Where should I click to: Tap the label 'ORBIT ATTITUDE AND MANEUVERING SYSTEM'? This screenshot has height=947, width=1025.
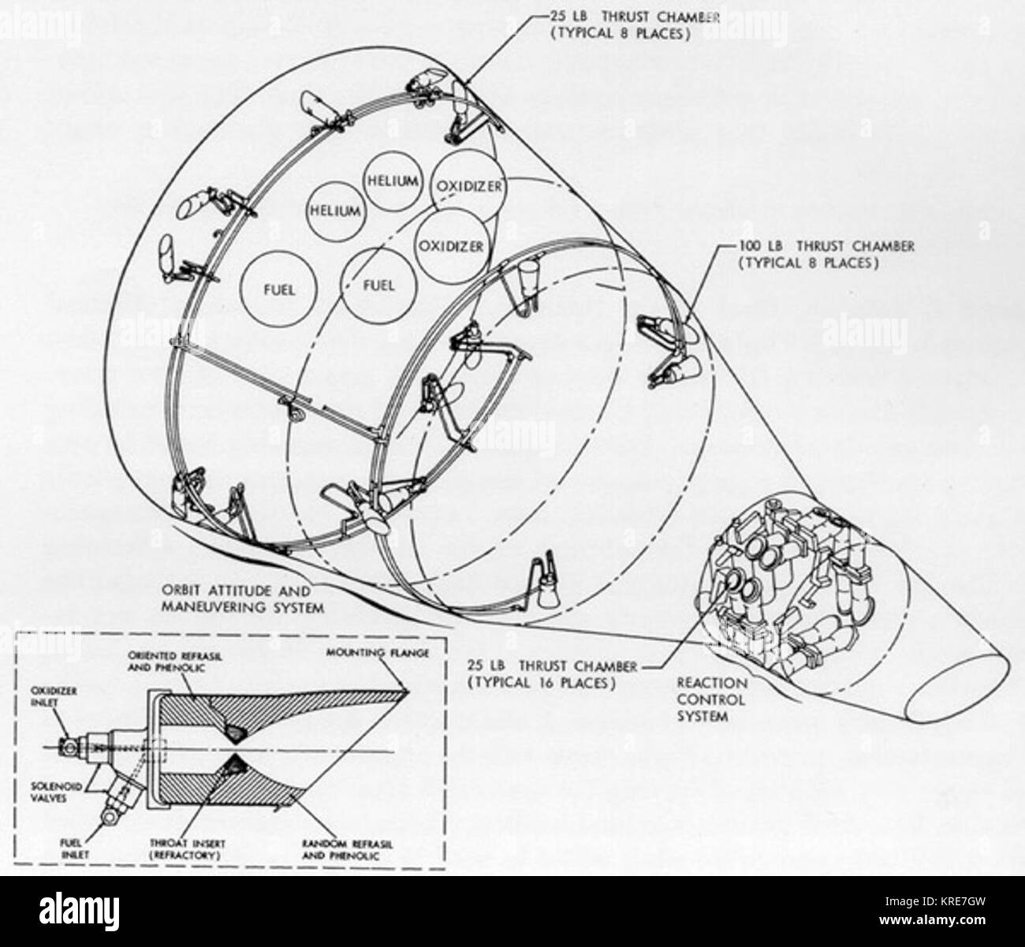[x=243, y=599]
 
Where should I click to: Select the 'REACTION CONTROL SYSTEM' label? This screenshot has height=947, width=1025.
[x=712, y=699]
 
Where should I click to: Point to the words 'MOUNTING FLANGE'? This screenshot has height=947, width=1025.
[x=377, y=653]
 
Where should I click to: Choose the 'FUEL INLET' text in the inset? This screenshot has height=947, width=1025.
[x=76, y=849]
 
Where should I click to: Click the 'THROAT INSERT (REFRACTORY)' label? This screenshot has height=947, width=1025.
[x=188, y=849]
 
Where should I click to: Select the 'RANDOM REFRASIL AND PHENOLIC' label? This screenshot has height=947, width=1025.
[x=348, y=850]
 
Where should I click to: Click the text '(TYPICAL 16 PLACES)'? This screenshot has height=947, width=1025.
[x=542, y=683]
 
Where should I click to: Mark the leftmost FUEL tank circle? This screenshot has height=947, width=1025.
[x=279, y=289]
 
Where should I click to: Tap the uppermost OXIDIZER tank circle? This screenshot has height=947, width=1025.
[x=468, y=186]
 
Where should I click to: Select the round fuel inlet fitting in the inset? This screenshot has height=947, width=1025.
[x=110, y=816]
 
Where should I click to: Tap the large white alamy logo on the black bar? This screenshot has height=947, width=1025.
[x=79, y=912]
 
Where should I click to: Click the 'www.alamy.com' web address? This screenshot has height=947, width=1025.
[x=932, y=919]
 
